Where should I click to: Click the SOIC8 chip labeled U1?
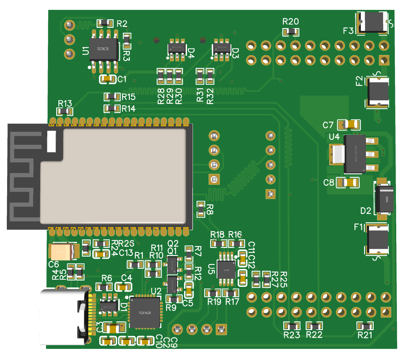coord(104,49)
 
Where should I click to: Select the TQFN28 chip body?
coord(145,313)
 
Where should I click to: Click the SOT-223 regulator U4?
coord(355,154)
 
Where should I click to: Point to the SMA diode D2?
coord(384,199)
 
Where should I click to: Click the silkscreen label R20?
coord(291,22)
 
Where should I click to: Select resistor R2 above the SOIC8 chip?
coord(105,23)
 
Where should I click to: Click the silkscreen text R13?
coord(65,103)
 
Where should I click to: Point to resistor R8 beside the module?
coord(201,209)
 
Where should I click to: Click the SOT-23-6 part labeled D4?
coord(177,48)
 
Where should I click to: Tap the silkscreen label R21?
coord(365,335)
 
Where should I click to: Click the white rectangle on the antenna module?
coord(51,141)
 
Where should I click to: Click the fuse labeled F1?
coord(377,239)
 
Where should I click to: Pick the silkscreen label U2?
coord(156,291)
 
